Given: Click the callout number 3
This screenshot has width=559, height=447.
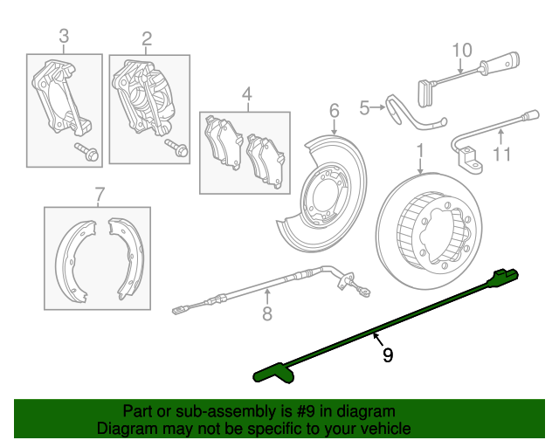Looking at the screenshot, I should pos(64,37).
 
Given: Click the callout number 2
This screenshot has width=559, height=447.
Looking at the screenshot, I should pos(147,38).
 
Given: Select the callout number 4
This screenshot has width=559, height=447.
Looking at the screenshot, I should pos(246,93).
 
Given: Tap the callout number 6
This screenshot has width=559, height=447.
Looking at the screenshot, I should pos(333,110).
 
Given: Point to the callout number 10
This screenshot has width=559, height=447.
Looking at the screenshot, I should pos(462,49).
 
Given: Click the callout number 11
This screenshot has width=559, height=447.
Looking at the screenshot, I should pos(500,155).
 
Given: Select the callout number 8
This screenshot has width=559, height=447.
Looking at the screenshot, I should pos(267,313).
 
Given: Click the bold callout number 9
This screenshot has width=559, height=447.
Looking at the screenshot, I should pos(387,355).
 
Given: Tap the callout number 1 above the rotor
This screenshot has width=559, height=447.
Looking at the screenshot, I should pos(420,150).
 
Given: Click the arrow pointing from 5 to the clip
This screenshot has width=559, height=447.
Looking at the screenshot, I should pos(378,108).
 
